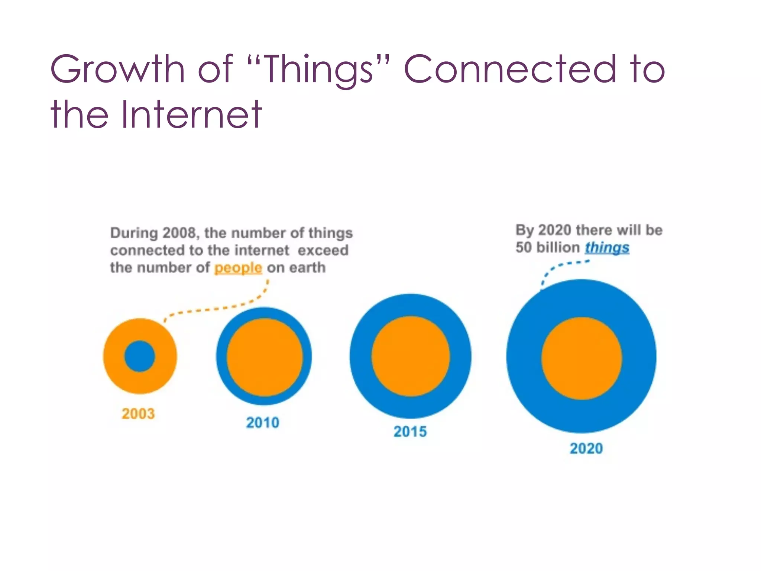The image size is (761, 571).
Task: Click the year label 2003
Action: pos(138,414)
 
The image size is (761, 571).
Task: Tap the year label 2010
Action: pos(263,423)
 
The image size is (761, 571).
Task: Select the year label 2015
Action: pos(410,432)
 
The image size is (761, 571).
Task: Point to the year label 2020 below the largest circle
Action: pos(586,448)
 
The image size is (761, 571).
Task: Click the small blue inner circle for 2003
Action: pos(140,356)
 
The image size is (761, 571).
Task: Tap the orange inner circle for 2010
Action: pos(265,357)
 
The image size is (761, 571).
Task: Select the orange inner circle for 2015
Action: pos(411,356)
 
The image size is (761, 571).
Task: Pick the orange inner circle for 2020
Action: pos(582,358)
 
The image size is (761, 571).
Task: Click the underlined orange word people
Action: pos(238,268)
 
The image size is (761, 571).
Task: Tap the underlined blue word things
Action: pos(607,248)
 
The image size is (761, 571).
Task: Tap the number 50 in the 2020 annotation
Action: pos(524,248)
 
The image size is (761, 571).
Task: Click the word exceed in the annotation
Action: pos(323,250)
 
